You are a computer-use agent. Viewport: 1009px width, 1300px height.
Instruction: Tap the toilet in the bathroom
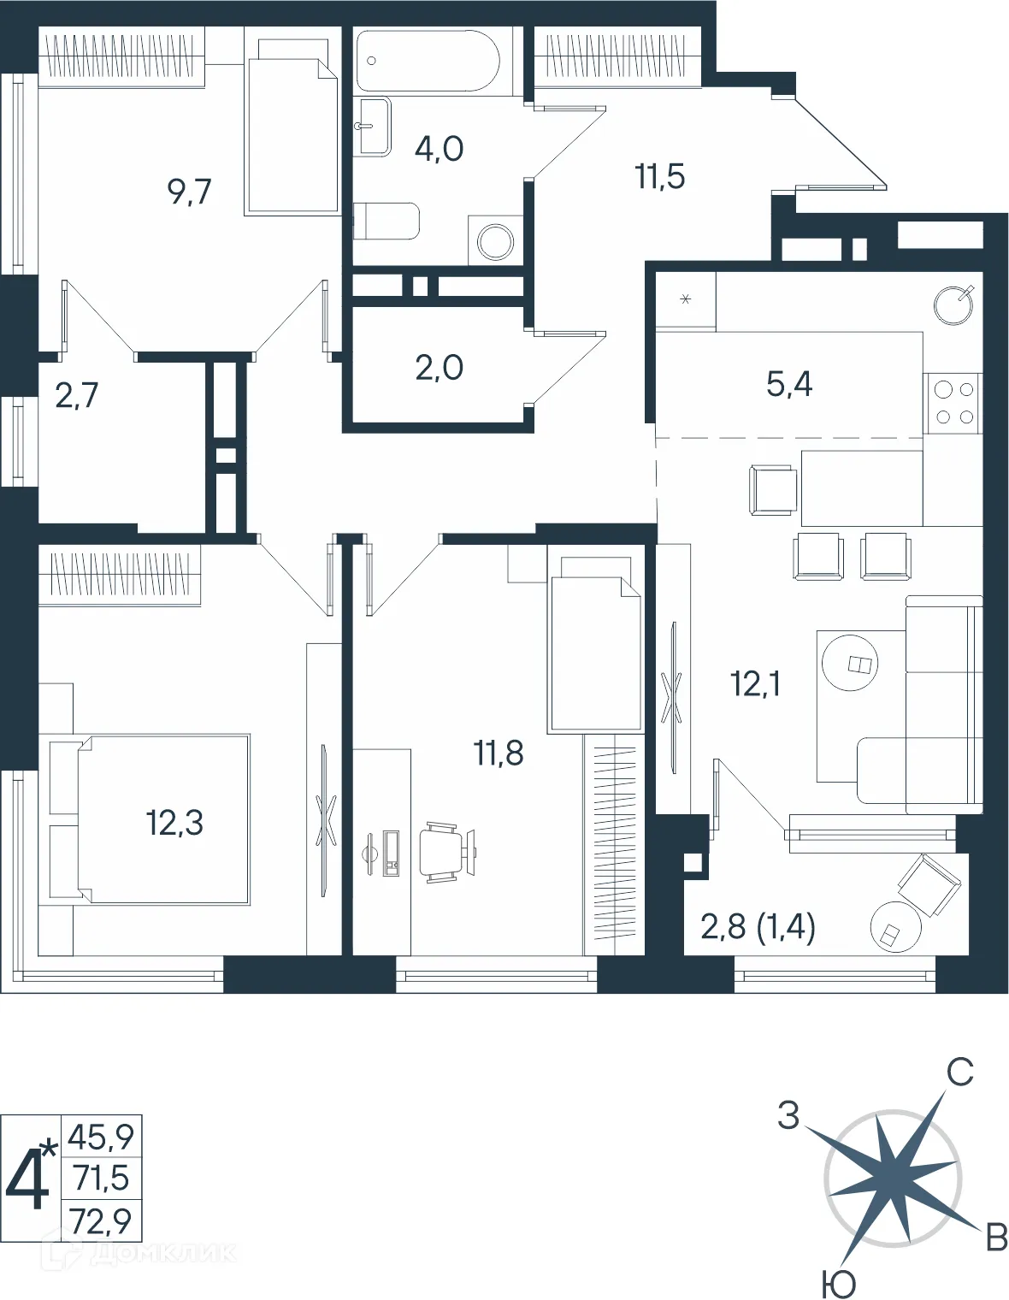coord(386,222)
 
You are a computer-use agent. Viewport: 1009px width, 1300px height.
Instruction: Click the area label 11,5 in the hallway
coord(659,177)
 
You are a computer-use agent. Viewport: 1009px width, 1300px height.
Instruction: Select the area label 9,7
coord(189,192)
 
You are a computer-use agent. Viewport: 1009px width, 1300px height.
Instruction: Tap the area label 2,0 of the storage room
coord(439,368)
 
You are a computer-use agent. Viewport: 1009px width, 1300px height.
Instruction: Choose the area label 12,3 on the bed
coord(174,823)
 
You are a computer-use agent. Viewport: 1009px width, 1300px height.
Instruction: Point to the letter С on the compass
coord(959,1072)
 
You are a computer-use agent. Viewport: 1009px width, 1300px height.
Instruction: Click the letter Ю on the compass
coord(838,1283)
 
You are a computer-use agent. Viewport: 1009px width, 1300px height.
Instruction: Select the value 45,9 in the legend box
coord(101,1137)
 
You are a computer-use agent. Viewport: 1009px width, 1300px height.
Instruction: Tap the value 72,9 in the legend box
coord(102,1220)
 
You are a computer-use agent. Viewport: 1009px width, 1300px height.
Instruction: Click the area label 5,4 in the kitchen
coord(788,385)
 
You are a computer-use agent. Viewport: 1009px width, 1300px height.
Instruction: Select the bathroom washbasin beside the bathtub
coord(372,127)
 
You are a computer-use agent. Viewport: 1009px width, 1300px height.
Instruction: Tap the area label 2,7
coord(76,396)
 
